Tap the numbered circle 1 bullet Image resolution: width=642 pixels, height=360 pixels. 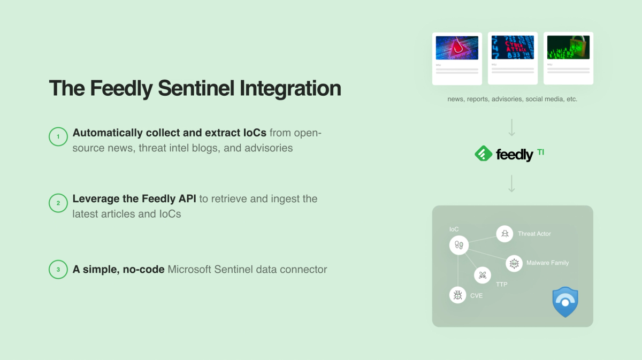pyautogui.click(x=58, y=137)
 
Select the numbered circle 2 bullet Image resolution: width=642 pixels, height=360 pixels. pyautogui.click(x=58, y=203)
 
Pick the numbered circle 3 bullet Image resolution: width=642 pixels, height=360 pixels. pyautogui.click(x=58, y=269)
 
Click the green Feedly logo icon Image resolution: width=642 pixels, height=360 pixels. pyautogui.click(x=483, y=154)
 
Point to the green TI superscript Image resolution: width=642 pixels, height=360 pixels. pyautogui.click(x=541, y=152)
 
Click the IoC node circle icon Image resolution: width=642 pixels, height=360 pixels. pyautogui.click(x=458, y=246)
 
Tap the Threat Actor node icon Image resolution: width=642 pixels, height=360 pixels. pyautogui.click(x=505, y=234)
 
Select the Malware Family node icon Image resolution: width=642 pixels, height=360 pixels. pyautogui.click(x=514, y=263)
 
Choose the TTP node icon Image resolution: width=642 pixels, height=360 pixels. pyautogui.click(x=483, y=275)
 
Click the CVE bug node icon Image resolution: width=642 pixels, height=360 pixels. pyautogui.click(x=457, y=295)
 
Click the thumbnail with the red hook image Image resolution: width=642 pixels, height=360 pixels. pyautogui.click(x=457, y=48)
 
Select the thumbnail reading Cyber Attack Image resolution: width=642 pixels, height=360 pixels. pyautogui.click(x=513, y=48)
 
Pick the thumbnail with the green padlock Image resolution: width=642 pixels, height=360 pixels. pyautogui.click(x=568, y=48)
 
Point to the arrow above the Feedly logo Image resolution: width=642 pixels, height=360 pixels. pyautogui.click(x=512, y=127)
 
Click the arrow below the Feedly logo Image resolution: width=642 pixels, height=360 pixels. pyautogui.click(x=512, y=183)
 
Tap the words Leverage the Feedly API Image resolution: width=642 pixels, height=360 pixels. pyautogui.click(x=134, y=199)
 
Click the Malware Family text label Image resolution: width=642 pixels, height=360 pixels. pyautogui.click(x=547, y=263)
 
